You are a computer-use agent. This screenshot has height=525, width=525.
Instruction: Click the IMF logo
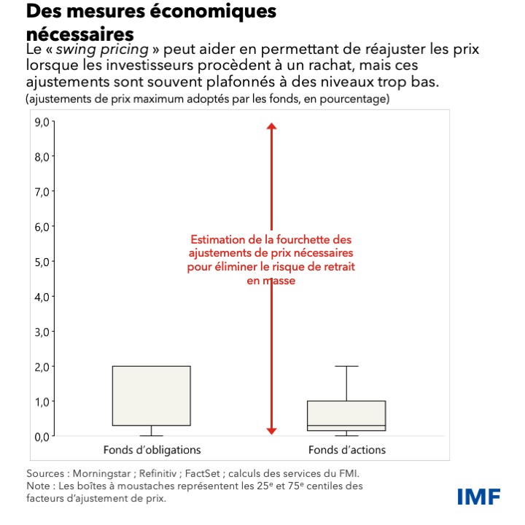point(478,497)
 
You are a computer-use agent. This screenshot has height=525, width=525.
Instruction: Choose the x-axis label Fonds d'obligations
point(152,449)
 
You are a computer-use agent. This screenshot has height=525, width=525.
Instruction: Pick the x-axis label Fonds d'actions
point(346,449)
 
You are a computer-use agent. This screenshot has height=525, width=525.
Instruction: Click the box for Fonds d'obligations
point(152,395)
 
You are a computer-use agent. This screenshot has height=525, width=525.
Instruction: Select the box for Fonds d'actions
point(346,416)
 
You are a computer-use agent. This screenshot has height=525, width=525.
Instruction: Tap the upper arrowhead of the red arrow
point(271,127)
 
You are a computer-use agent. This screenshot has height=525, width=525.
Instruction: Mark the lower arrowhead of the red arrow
point(271,431)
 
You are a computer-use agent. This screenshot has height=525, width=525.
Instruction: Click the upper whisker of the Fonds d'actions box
point(346,383)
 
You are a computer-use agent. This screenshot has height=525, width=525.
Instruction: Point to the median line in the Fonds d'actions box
point(346,425)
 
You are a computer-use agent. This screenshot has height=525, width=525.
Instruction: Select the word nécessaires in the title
point(80,34)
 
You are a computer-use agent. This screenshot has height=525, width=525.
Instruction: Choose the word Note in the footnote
point(37,486)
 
